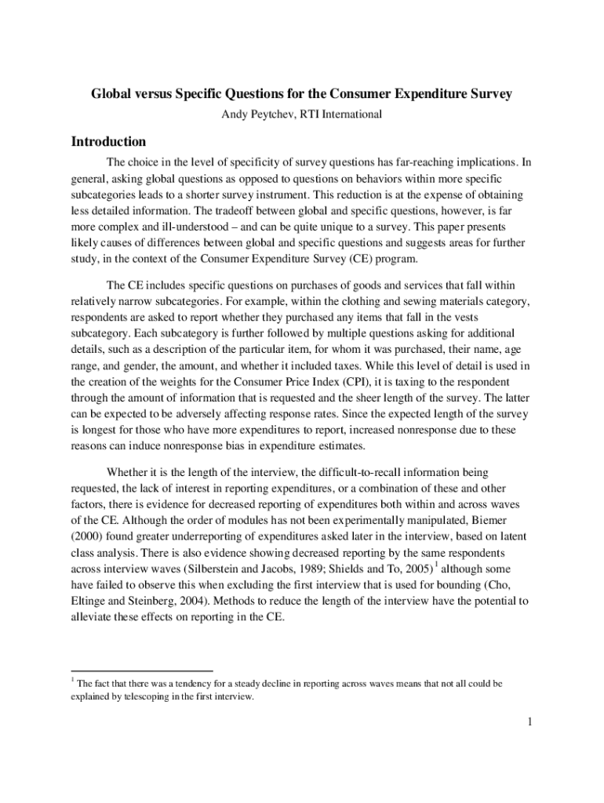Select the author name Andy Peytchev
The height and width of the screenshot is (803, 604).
click(260, 115)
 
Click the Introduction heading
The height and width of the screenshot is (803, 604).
click(108, 142)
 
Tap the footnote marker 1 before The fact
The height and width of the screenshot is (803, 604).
click(73, 681)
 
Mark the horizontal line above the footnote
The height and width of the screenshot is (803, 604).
click(142, 671)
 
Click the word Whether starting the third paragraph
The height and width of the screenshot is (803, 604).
click(129, 473)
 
